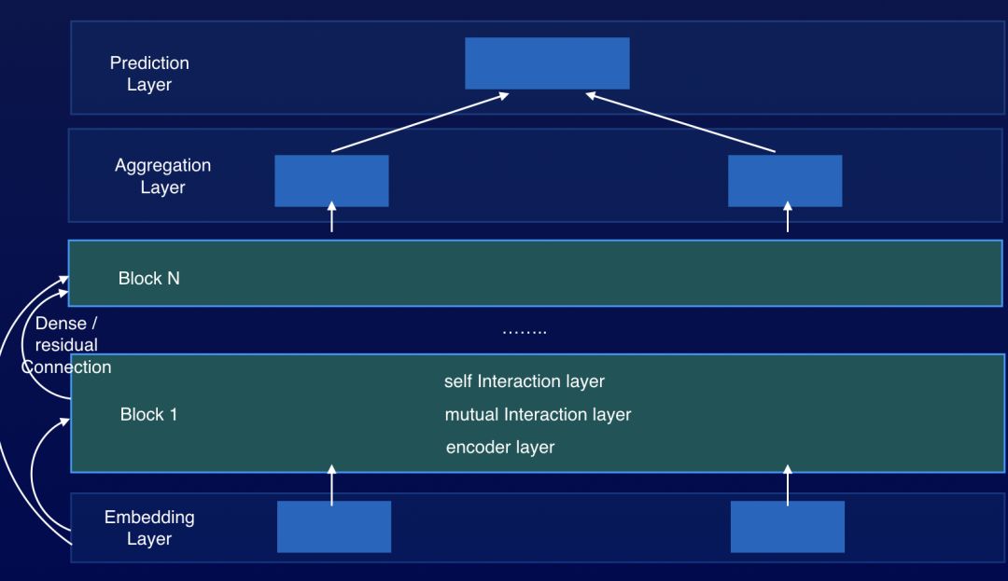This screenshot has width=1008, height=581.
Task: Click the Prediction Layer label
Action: click(x=149, y=74)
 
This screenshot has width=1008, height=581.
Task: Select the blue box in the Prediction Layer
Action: click(x=547, y=63)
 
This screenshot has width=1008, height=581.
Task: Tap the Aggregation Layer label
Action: click(x=162, y=176)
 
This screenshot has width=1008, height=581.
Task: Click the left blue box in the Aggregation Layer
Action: click(x=331, y=181)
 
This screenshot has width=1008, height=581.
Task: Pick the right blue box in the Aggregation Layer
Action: click(x=785, y=181)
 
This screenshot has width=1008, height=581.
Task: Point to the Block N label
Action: click(x=149, y=278)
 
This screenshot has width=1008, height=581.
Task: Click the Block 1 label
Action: click(x=148, y=415)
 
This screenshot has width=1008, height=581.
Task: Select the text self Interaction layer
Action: click(x=525, y=381)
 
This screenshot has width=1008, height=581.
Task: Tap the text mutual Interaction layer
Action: click(x=538, y=414)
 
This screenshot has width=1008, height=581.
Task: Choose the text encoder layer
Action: click(x=500, y=448)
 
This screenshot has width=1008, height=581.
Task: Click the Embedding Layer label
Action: click(x=149, y=528)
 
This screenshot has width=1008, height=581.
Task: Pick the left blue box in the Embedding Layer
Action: click(x=334, y=527)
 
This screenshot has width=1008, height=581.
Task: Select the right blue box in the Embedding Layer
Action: click(x=788, y=527)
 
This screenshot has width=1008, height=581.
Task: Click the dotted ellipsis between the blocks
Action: click(x=524, y=331)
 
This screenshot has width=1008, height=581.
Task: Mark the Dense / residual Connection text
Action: click(x=66, y=345)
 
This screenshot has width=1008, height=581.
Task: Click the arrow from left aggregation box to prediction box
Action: click(x=420, y=121)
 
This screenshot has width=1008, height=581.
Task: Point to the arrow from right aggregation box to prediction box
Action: click(x=681, y=121)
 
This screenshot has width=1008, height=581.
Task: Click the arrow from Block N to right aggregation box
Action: click(x=787, y=219)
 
